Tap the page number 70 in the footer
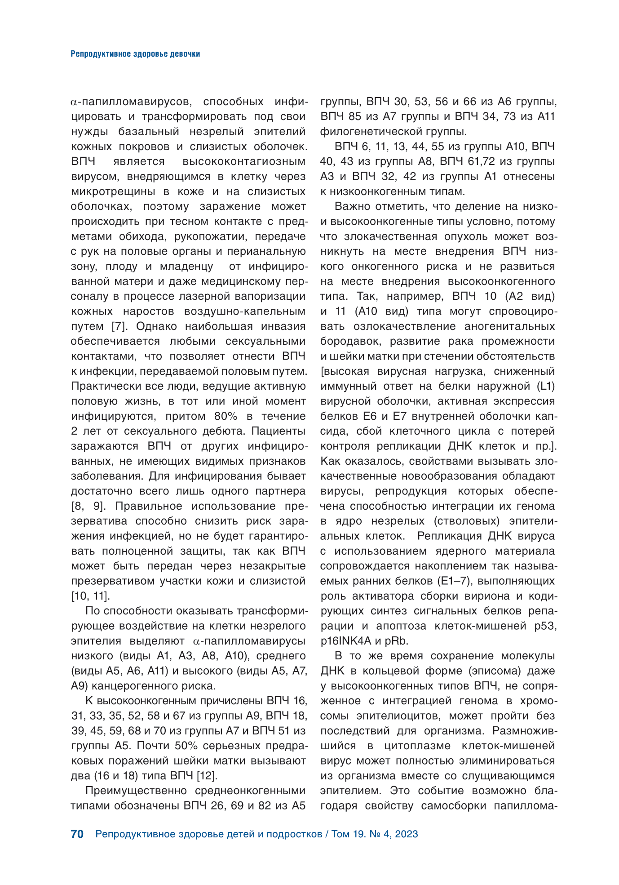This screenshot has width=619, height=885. (x=77, y=834)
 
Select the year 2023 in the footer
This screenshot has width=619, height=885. (x=407, y=834)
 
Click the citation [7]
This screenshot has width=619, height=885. (x=119, y=326)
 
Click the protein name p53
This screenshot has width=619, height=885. (x=545, y=626)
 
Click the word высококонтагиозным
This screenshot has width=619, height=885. (x=244, y=161)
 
